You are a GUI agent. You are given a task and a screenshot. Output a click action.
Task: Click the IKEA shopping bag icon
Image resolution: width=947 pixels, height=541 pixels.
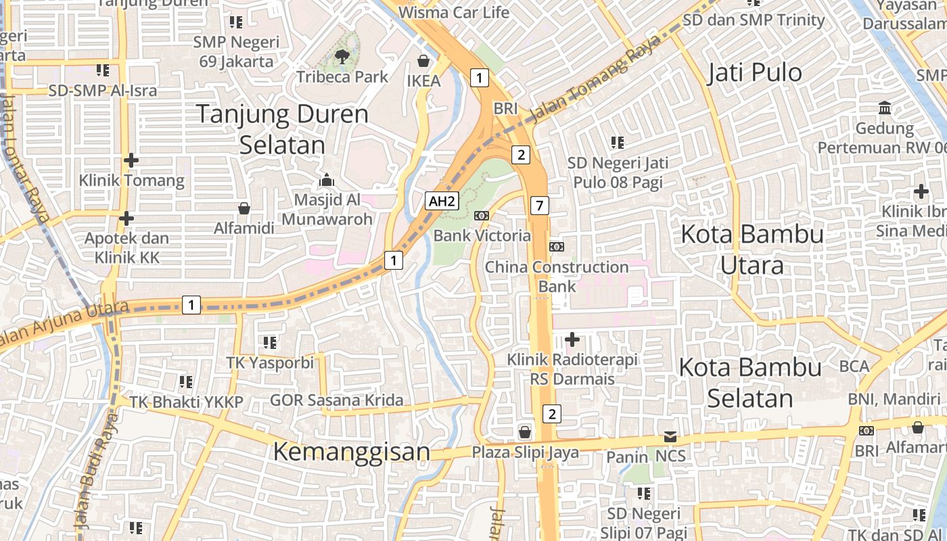click(423, 62)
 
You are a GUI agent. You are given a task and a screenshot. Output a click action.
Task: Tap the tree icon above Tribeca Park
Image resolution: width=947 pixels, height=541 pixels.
click(342, 57)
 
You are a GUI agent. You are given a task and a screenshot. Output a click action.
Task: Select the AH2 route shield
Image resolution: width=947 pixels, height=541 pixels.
click(442, 201)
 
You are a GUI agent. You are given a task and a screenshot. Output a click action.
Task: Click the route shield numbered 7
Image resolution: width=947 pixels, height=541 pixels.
click(539, 205)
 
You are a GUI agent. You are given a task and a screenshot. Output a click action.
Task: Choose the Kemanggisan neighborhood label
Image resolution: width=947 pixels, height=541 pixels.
click(352, 451)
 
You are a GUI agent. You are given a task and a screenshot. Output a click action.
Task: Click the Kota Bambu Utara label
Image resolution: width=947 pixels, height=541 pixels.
click(752, 250)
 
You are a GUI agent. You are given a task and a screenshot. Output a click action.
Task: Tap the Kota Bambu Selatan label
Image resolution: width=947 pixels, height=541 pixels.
click(750, 382)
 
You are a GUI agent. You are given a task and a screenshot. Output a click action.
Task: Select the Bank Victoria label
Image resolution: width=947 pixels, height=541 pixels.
click(482, 235)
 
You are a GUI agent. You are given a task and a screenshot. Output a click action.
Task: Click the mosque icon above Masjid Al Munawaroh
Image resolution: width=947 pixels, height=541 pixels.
click(327, 180)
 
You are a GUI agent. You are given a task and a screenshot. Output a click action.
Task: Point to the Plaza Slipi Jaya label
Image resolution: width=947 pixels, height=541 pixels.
click(526, 452)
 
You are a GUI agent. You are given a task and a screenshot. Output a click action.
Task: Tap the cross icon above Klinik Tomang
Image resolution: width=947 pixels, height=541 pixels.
click(131, 160)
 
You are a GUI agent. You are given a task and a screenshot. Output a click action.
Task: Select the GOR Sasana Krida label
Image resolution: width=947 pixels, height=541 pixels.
click(337, 400)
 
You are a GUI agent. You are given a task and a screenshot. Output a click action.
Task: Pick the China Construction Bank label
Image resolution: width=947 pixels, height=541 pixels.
click(557, 276)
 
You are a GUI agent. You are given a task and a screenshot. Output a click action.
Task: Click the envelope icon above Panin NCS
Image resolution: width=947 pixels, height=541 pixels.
click(670, 437)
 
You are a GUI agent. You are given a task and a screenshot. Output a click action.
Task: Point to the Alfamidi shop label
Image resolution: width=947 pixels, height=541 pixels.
click(244, 228)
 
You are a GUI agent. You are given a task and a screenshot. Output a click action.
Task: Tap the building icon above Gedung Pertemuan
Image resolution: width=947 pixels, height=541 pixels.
click(885, 108)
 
